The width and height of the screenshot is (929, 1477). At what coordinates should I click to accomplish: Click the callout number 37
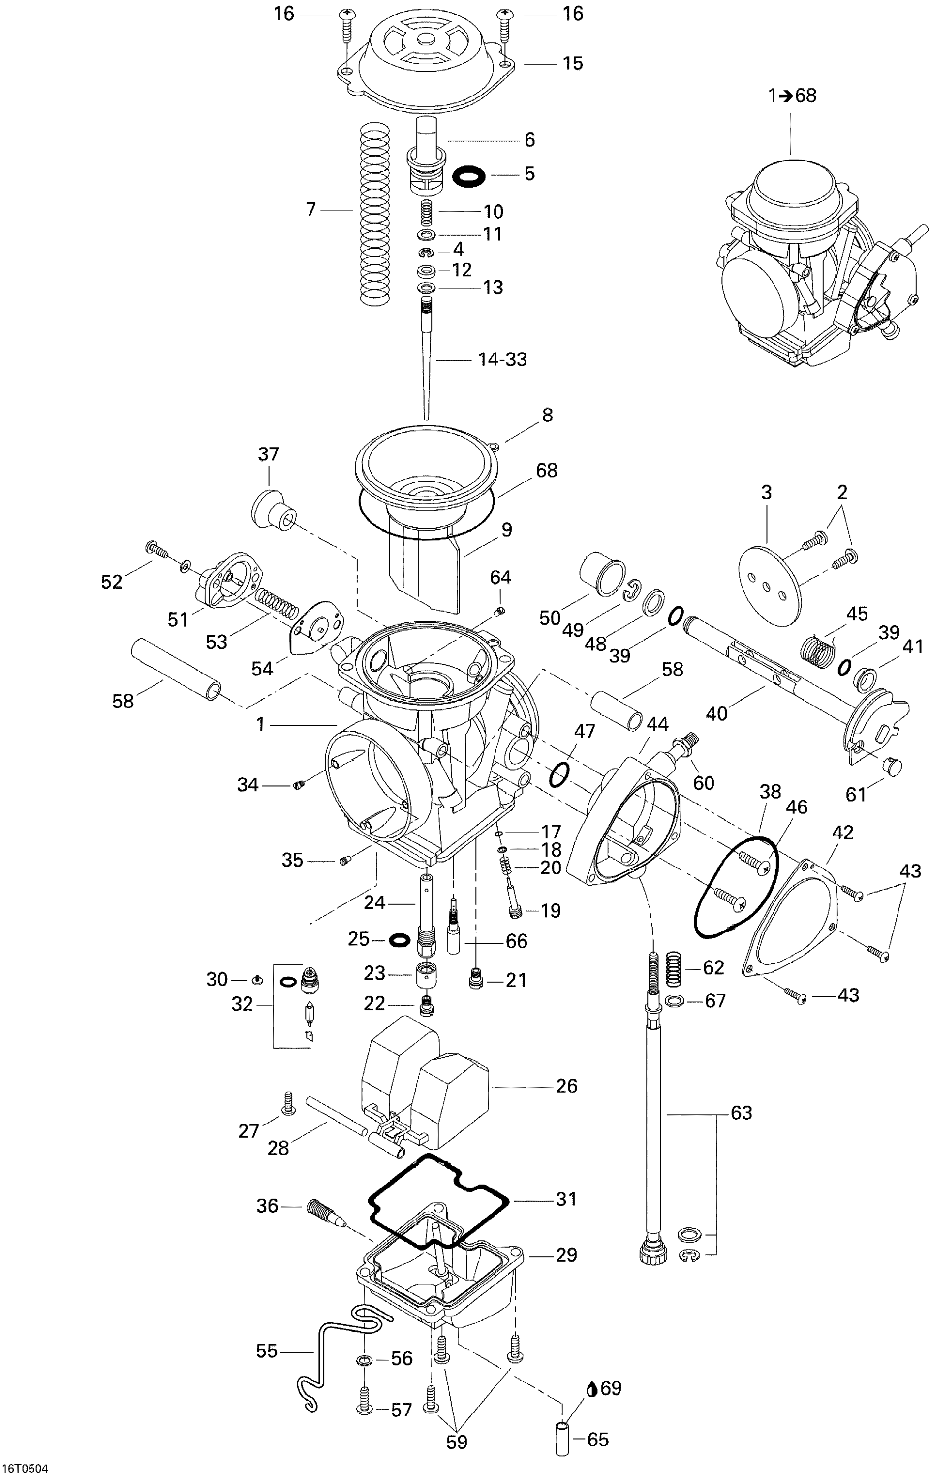pyautogui.click(x=269, y=454)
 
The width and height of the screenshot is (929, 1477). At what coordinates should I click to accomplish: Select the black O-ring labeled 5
pyautogui.click(x=469, y=176)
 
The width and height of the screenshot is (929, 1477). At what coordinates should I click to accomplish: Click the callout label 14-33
pyautogui.click(x=502, y=359)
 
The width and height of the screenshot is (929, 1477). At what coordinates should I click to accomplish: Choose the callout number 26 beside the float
pyautogui.click(x=566, y=1086)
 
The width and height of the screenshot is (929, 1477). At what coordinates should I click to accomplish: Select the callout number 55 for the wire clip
pyautogui.click(x=267, y=1351)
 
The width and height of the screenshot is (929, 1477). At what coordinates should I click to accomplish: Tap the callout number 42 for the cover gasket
pyautogui.click(x=842, y=833)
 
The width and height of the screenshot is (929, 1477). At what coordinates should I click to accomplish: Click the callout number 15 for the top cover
pyautogui.click(x=573, y=64)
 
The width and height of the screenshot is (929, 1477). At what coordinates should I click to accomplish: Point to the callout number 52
pyautogui.click(x=112, y=582)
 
